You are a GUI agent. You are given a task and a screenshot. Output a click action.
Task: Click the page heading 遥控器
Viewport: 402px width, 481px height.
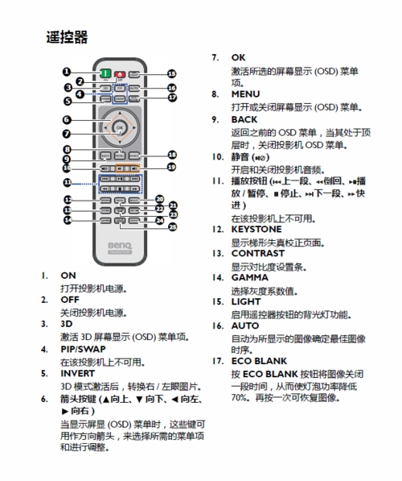pyautogui.click(x=67, y=37)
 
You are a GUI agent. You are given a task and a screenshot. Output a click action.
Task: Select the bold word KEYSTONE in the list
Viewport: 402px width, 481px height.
pyautogui.click(x=256, y=229)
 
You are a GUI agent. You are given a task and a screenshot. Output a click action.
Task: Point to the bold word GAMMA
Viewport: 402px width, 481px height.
pyautogui.click(x=250, y=276)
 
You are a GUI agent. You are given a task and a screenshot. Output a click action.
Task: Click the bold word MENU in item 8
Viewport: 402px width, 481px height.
pyautogui.click(x=245, y=94)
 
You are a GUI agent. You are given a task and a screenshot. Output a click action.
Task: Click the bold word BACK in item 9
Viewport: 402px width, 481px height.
pyautogui.click(x=244, y=118)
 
